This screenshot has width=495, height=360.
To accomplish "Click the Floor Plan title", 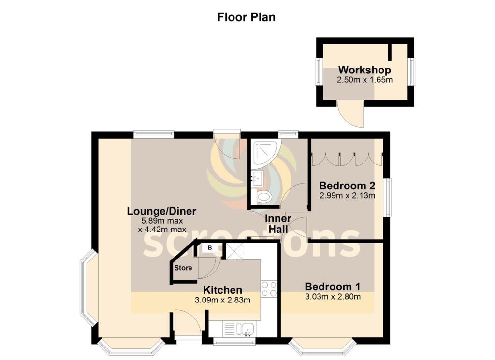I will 246,17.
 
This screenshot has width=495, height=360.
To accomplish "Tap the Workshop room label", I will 364,70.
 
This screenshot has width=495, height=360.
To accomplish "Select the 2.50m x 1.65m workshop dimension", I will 364,79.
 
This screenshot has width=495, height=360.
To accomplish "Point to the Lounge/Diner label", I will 161,211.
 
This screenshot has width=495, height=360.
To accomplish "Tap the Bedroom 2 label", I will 348,186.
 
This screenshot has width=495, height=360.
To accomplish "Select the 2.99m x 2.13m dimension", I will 348,196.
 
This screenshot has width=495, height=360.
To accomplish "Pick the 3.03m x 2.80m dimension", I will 333,296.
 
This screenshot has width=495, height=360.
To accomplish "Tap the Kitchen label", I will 222,290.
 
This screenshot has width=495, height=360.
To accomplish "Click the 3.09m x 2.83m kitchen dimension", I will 222,300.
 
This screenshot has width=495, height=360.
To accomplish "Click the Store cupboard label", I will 183,268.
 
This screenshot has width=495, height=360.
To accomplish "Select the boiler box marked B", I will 210,248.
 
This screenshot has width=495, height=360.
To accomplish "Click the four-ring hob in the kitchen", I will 269,288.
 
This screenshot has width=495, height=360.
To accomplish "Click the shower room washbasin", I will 257,178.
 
